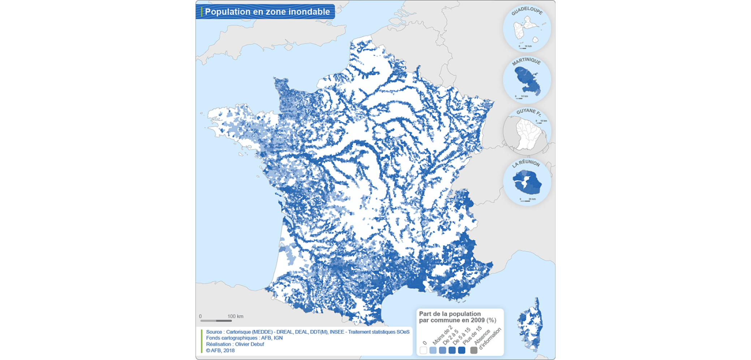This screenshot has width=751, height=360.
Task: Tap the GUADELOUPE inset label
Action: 527,11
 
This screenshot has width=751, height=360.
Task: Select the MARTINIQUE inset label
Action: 526,62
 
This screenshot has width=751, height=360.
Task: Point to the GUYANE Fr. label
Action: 528,112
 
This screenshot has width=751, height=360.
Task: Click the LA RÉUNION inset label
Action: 526,163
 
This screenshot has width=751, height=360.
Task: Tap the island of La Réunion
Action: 527,183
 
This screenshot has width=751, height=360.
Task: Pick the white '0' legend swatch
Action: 423,350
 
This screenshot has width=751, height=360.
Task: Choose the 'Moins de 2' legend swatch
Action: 433,350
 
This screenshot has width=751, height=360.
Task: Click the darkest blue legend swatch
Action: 462,350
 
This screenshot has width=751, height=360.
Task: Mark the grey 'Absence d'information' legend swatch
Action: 473,350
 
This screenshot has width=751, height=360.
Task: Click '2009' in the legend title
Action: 477,320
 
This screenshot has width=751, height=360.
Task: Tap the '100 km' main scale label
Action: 235,316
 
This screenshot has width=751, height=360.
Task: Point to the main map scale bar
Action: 216,321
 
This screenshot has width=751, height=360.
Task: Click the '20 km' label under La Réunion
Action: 532,199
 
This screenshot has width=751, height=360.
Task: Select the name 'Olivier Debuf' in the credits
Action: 249,344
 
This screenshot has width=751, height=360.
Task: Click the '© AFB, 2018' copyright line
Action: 220,350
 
